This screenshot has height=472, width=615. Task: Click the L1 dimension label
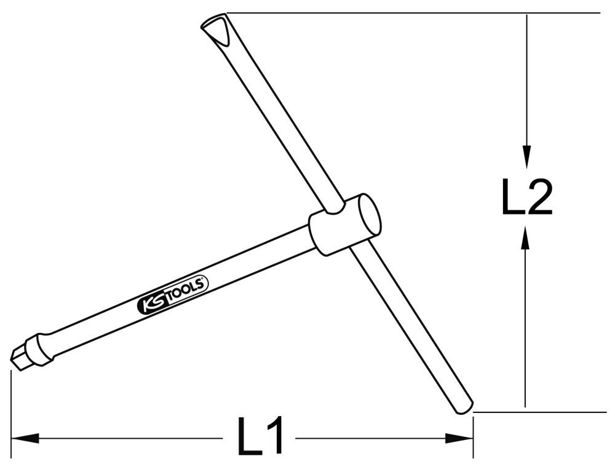[x=260, y=438]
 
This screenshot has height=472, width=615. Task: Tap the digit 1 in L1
[x=276, y=438]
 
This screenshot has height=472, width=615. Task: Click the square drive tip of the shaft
[x=19, y=355]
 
